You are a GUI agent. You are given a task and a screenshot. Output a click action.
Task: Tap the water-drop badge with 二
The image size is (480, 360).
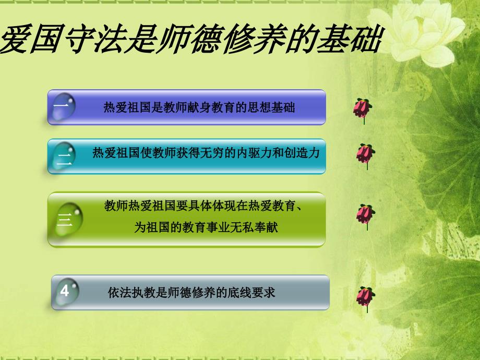[x=64, y=156]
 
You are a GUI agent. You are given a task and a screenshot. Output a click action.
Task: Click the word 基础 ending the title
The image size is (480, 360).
[x=349, y=39]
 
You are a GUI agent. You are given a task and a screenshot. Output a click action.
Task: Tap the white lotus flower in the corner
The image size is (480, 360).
[x=419, y=34]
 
